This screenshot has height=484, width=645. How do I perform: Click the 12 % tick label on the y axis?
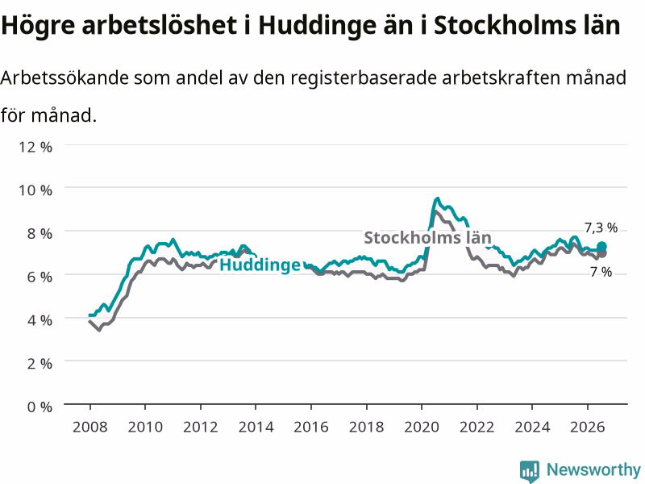click(35, 147)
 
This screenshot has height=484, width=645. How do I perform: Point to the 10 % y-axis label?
click(35, 190)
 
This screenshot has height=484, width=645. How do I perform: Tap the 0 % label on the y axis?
click(40, 407)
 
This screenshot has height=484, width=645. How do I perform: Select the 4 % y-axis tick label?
click(40, 320)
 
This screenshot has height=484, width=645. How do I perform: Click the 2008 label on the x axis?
click(90, 427)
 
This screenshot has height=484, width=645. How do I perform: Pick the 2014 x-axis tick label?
click(256, 427)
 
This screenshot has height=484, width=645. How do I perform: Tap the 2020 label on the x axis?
click(422, 427)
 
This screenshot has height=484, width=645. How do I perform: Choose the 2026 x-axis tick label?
click(588, 427)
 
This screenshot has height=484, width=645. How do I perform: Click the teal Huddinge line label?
click(260, 265)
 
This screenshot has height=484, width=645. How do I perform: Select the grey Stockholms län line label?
click(428, 237)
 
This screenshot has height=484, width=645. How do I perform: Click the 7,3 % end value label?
click(601, 227)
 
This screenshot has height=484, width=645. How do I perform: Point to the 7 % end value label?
click(601, 272)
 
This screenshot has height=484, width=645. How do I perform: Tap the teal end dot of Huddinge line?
click(601, 247)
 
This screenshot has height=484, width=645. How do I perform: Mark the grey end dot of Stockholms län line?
click(602, 254)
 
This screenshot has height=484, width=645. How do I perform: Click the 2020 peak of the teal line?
click(437, 198)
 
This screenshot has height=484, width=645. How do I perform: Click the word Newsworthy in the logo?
click(593, 469)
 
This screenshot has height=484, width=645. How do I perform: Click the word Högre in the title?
click(38, 26)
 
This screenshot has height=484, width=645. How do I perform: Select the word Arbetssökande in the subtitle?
click(64, 77)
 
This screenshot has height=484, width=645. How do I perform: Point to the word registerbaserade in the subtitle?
click(364, 77)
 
